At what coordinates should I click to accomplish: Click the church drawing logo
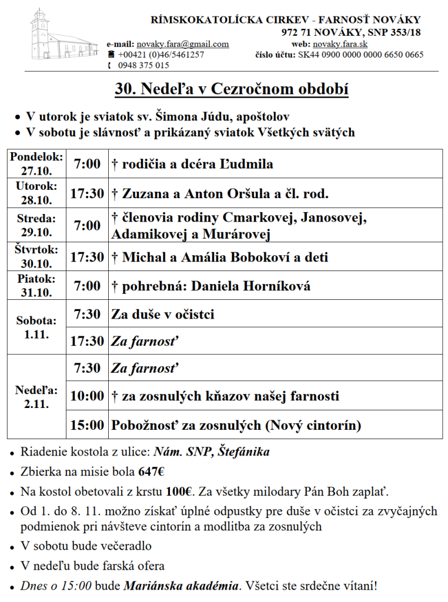63,37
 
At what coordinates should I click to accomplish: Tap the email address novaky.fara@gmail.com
182,44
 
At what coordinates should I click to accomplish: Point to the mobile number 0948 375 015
143,65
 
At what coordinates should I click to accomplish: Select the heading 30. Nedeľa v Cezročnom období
232,90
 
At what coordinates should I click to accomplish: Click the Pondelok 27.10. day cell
36,164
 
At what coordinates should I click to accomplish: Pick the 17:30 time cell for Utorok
87,193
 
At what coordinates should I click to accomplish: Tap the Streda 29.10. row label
36,225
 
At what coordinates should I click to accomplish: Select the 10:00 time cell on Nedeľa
87,396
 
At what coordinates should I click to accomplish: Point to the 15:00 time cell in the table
87,425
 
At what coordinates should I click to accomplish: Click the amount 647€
151,471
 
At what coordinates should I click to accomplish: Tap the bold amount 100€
179,490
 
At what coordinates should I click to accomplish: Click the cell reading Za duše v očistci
163,315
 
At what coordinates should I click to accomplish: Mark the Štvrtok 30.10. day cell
36,256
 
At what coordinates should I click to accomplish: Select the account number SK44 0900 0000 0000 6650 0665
360,55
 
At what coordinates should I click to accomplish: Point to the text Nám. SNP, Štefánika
212,452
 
